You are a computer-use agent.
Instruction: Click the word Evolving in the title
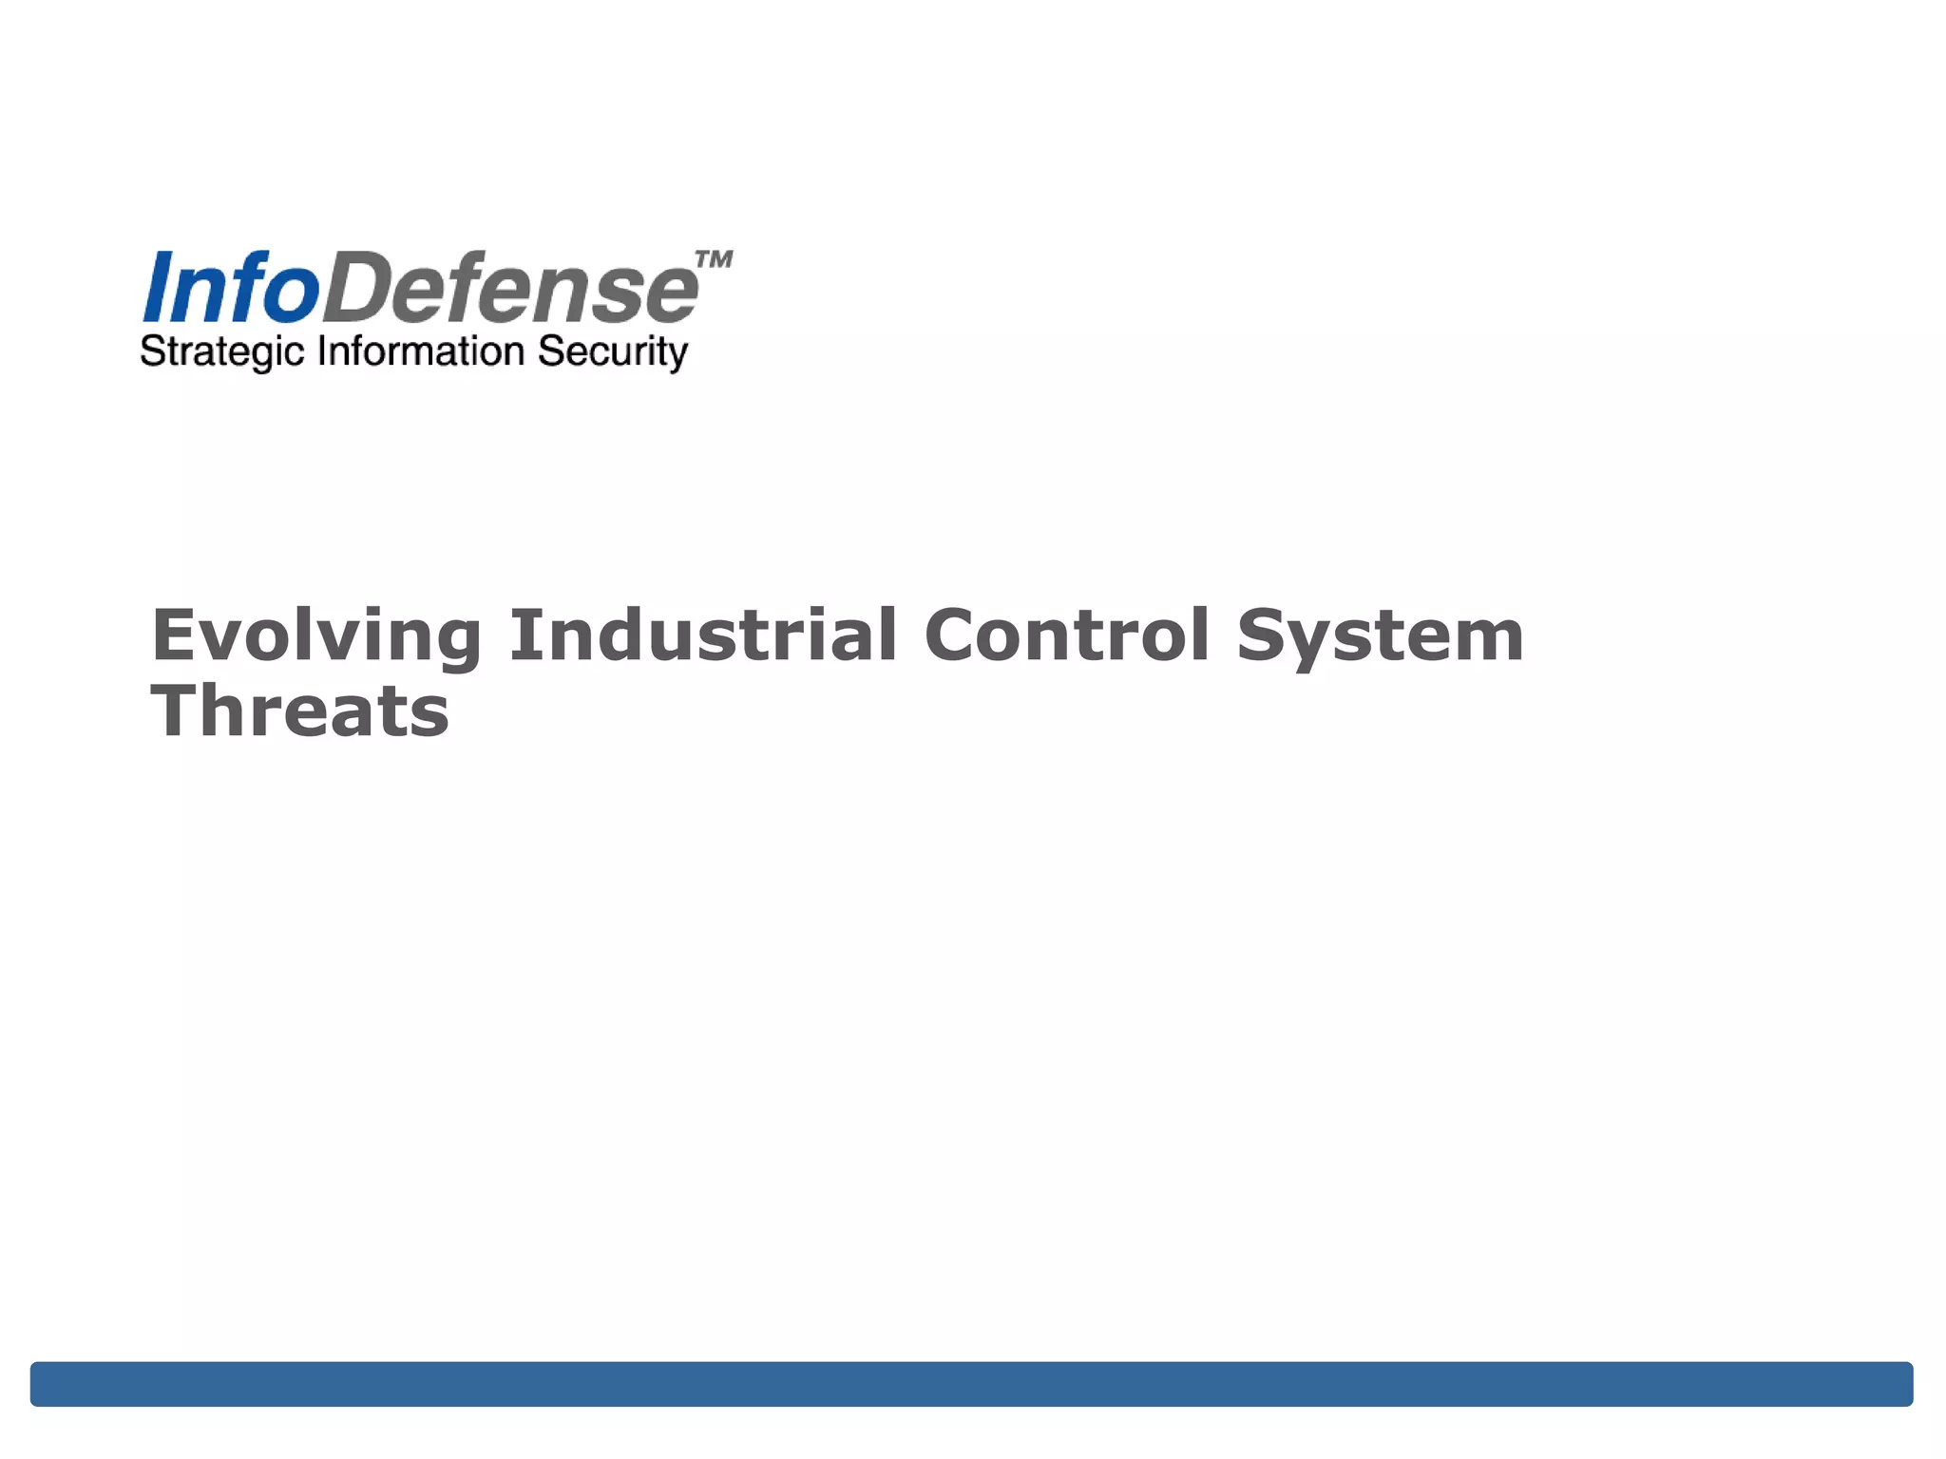[x=316, y=636]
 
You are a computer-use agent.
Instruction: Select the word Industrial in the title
[x=703, y=635]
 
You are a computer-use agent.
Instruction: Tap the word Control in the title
[x=1066, y=635]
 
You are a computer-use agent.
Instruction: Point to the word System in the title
[x=1380, y=636]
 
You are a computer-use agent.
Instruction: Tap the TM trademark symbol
[x=714, y=259]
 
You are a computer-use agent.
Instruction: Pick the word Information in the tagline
[x=421, y=351]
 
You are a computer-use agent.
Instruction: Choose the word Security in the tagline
[x=612, y=352]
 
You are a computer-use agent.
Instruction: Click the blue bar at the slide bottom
[x=971, y=1383]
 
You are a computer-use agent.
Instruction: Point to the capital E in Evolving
[x=173, y=635]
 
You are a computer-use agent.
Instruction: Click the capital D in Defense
[x=357, y=288]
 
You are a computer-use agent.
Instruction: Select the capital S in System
[x=1263, y=635]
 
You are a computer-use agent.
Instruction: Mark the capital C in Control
[x=953, y=635]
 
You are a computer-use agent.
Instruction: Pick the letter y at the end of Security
[x=677, y=355]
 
